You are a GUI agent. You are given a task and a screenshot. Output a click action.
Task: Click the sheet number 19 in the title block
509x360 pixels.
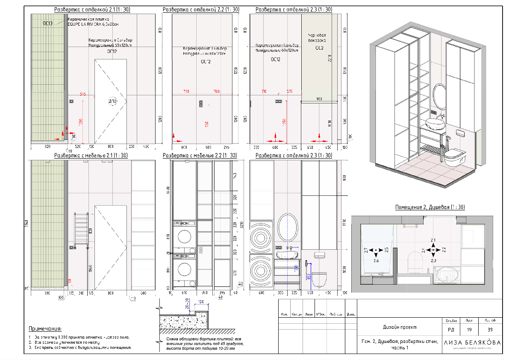click(x=469, y=330)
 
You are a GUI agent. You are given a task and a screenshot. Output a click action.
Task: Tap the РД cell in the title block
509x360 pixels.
click(x=451, y=330)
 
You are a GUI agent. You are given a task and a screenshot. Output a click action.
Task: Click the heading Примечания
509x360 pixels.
click(x=45, y=329)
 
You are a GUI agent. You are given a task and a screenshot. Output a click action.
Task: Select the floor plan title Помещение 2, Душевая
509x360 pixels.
click(x=430, y=207)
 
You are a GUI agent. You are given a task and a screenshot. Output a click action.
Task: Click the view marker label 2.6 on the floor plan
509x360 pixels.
click(x=376, y=260)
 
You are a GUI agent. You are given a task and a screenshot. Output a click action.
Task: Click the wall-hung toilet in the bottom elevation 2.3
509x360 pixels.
click(x=318, y=279)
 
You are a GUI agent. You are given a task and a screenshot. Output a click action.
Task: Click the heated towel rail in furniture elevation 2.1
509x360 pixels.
click(x=81, y=229)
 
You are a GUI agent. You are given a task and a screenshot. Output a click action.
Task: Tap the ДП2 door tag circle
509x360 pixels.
click(x=112, y=101)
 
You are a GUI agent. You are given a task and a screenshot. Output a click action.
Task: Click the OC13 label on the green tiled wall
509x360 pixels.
click(x=47, y=24)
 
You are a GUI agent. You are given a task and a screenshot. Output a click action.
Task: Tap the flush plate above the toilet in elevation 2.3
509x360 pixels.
click(x=321, y=255)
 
